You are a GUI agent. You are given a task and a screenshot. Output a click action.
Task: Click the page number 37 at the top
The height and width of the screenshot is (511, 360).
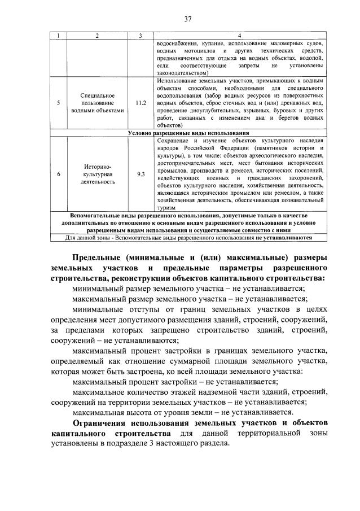click(x=188, y=19)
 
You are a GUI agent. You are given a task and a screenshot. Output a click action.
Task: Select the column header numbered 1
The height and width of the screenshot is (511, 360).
click(x=60, y=36)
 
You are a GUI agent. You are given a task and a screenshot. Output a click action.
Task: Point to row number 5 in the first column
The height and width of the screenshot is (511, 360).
click(x=60, y=103)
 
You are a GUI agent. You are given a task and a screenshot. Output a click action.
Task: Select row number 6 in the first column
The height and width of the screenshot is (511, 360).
click(x=60, y=174)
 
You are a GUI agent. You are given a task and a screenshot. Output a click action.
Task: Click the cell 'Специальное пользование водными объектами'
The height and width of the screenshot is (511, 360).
click(x=97, y=103)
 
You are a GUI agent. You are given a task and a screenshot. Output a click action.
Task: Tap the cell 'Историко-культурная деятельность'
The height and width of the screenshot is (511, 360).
click(x=97, y=174)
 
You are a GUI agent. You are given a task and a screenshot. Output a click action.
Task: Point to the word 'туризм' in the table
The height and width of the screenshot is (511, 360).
click(x=165, y=207)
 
